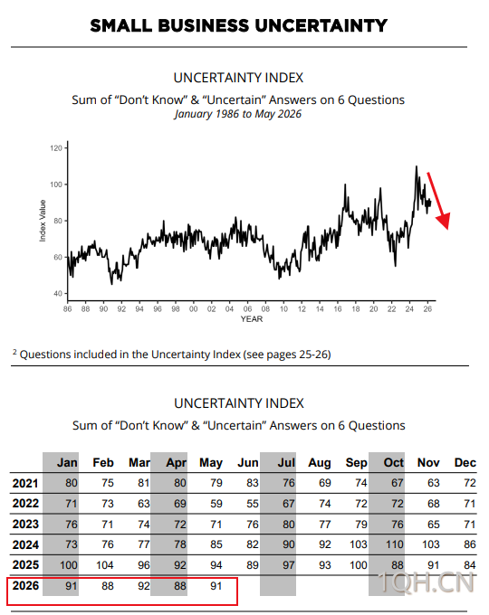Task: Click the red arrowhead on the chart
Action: (x=444, y=221)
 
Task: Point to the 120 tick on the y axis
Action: (x=56, y=148)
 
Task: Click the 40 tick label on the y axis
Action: (x=58, y=293)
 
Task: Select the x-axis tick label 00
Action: (x=193, y=309)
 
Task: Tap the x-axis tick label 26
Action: (x=427, y=309)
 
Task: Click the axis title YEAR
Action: (x=252, y=319)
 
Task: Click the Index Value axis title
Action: (x=43, y=221)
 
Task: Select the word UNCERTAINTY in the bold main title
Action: (x=321, y=26)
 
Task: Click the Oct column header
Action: (x=394, y=462)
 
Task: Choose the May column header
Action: (x=211, y=463)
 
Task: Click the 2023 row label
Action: (x=25, y=525)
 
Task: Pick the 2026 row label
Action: (x=25, y=585)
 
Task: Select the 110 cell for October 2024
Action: (x=394, y=544)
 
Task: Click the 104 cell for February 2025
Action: (x=105, y=565)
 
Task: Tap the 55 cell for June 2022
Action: (x=253, y=504)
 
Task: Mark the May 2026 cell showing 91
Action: (x=216, y=586)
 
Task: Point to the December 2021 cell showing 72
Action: (x=470, y=483)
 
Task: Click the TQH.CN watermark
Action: (x=427, y=582)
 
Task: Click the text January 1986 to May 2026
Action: (x=238, y=114)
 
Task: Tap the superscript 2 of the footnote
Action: (x=14, y=352)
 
